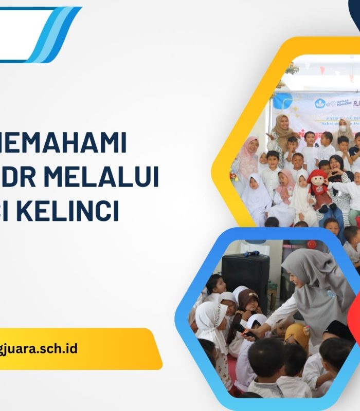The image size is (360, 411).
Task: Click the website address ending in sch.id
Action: click(39, 348)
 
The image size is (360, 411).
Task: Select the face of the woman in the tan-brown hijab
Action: click(282, 123)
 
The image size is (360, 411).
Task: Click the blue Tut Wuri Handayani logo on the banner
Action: click(321, 103)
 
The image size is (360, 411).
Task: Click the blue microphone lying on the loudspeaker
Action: click(251, 253)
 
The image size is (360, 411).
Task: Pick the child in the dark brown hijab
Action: click(247, 300)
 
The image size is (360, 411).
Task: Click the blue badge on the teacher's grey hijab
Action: click(330, 295)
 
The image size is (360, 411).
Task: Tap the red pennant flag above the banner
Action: click(322, 70)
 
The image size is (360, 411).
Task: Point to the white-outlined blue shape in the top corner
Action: click(41, 33)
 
